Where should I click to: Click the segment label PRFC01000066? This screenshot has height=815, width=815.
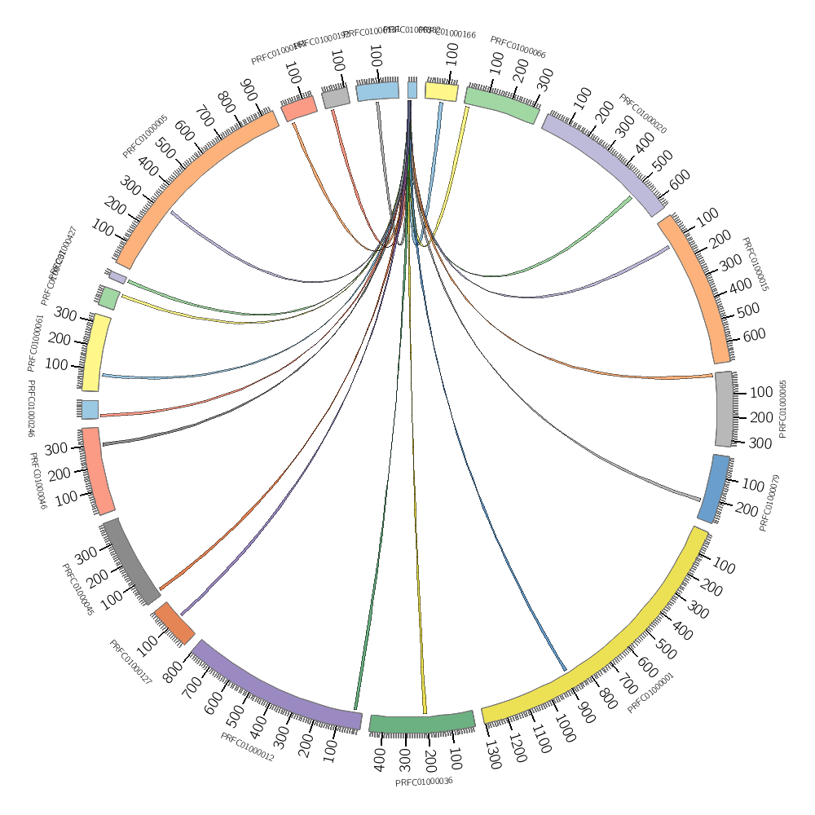click(x=518, y=47)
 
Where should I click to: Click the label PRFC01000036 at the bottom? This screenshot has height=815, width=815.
click(x=424, y=782)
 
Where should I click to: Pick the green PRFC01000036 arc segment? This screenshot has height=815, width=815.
click(x=422, y=722)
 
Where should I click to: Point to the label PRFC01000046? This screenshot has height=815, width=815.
click(x=37, y=481)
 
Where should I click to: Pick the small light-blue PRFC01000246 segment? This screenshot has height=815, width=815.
click(x=90, y=409)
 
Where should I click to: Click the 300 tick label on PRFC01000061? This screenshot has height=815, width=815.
click(x=64, y=314)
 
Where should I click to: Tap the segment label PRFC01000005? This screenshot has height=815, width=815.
click(x=145, y=136)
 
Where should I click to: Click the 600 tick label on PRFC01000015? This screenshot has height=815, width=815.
click(x=755, y=334)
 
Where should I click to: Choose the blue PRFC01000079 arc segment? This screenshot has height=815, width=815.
click(x=714, y=489)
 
